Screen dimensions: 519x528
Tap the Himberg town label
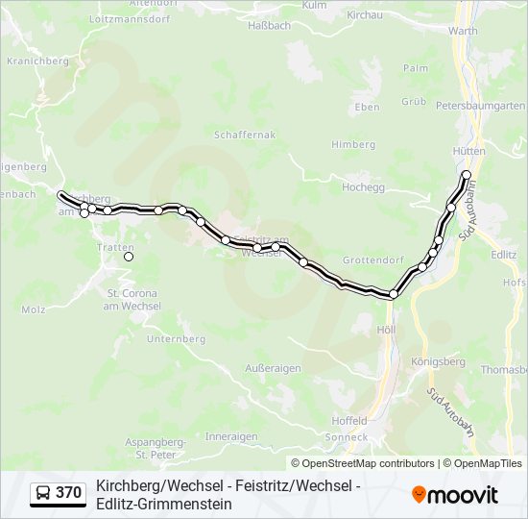353,144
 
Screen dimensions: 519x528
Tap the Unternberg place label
178,339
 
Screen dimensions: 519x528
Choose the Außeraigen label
274,368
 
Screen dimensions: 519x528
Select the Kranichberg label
37,60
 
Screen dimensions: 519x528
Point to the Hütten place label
468,152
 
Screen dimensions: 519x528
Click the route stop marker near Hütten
467,175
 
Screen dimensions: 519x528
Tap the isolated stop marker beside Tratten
129,257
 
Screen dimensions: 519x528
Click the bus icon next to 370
43,493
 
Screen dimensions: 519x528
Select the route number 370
68,493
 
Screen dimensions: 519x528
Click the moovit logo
455,494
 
